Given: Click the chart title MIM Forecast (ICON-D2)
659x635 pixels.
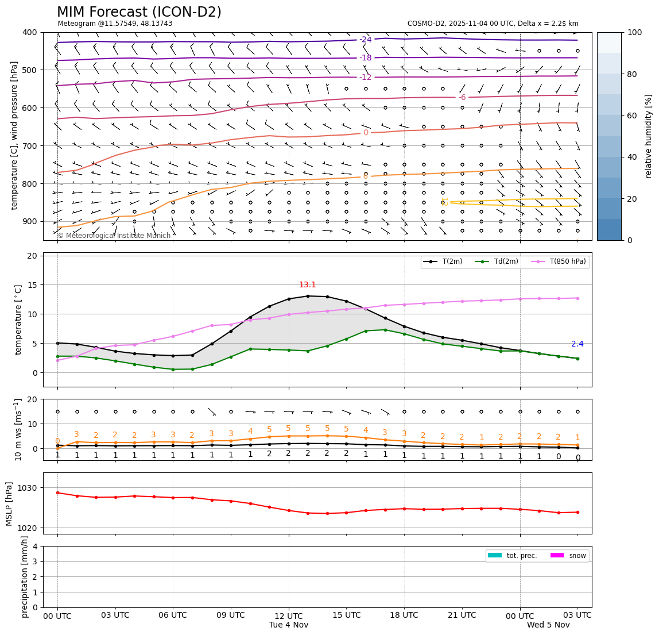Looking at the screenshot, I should click(139, 12).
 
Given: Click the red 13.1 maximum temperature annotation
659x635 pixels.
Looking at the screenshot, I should click(308, 285).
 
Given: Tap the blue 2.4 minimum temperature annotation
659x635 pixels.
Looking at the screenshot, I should click(577, 344).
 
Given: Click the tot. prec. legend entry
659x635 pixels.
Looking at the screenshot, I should click(512, 556).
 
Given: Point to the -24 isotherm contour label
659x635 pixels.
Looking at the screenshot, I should click(366, 40).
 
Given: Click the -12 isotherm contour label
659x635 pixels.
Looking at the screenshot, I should click(366, 78).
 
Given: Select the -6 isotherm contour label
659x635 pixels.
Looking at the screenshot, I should click(462, 98).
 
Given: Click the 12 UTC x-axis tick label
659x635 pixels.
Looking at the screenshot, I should click(289, 615).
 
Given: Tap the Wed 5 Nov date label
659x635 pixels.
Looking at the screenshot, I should click(548, 625).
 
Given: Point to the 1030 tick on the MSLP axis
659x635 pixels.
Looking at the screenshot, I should click(29, 488).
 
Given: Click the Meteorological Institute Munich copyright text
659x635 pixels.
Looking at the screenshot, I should click(114, 236).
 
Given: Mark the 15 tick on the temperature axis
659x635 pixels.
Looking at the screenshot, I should click(33, 285).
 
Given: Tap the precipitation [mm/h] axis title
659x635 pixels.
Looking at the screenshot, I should click(25, 576).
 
